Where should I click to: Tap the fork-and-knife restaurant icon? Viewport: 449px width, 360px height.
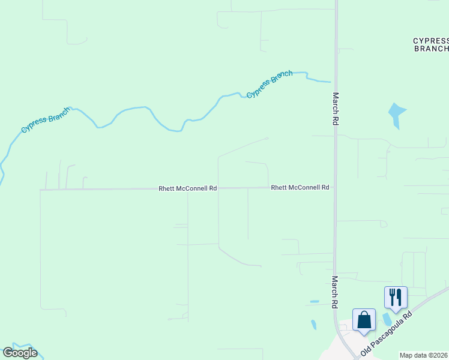click(396, 297)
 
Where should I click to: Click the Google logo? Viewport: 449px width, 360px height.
click(20, 353)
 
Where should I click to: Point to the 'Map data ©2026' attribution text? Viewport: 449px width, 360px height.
click(424, 355)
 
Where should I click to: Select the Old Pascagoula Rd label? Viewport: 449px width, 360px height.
click(386, 333)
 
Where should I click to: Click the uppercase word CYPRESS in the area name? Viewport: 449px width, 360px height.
click(430, 41)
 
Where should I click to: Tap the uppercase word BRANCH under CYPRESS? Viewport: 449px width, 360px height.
click(432, 49)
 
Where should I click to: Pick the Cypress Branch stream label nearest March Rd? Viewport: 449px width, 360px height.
click(270, 85)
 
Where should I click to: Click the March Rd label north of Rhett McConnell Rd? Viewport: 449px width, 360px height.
click(336, 108)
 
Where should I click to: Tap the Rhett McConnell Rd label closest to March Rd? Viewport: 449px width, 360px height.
click(300, 187)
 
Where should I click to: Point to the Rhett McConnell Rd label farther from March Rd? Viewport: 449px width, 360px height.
click(187, 188)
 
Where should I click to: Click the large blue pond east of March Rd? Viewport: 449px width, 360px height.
click(396, 113)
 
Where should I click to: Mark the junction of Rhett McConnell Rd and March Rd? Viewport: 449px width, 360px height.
click(335, 187)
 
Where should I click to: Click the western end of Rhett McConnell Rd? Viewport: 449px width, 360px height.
click(41, 190)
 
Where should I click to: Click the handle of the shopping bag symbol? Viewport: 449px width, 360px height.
click(364, 314)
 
